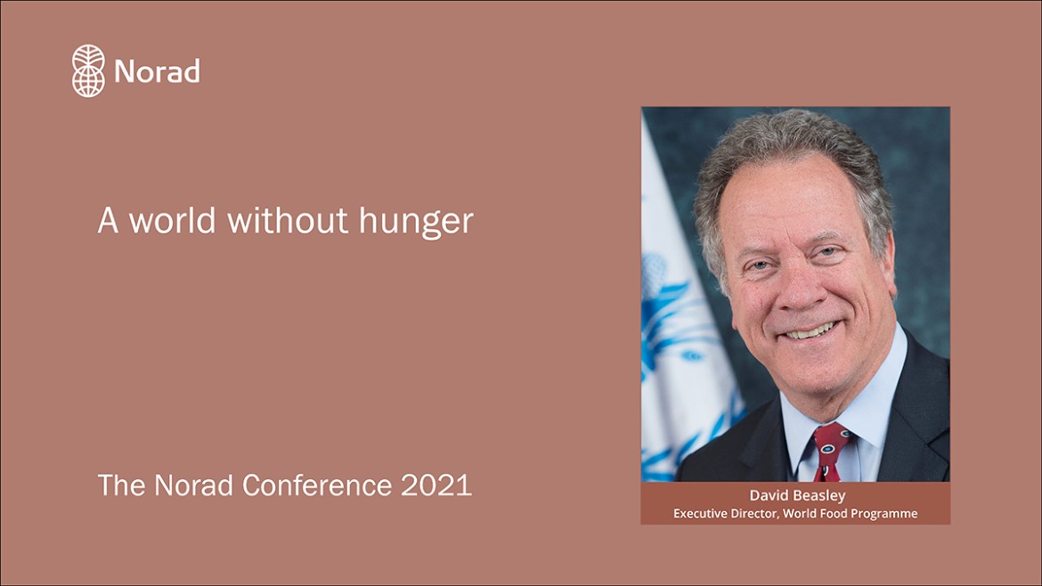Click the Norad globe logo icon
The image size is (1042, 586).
pos(88,71)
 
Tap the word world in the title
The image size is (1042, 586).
pos(172,220)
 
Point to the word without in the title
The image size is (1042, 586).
pos(288,220)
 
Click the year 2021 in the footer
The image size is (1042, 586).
pos(436,485)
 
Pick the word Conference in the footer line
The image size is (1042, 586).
pos(317,485)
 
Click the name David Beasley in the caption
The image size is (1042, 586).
pos(797,495)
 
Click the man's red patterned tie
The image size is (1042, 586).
pos(828,452)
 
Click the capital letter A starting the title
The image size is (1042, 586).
pos(108,221)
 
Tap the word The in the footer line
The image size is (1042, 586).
pos(122,485)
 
